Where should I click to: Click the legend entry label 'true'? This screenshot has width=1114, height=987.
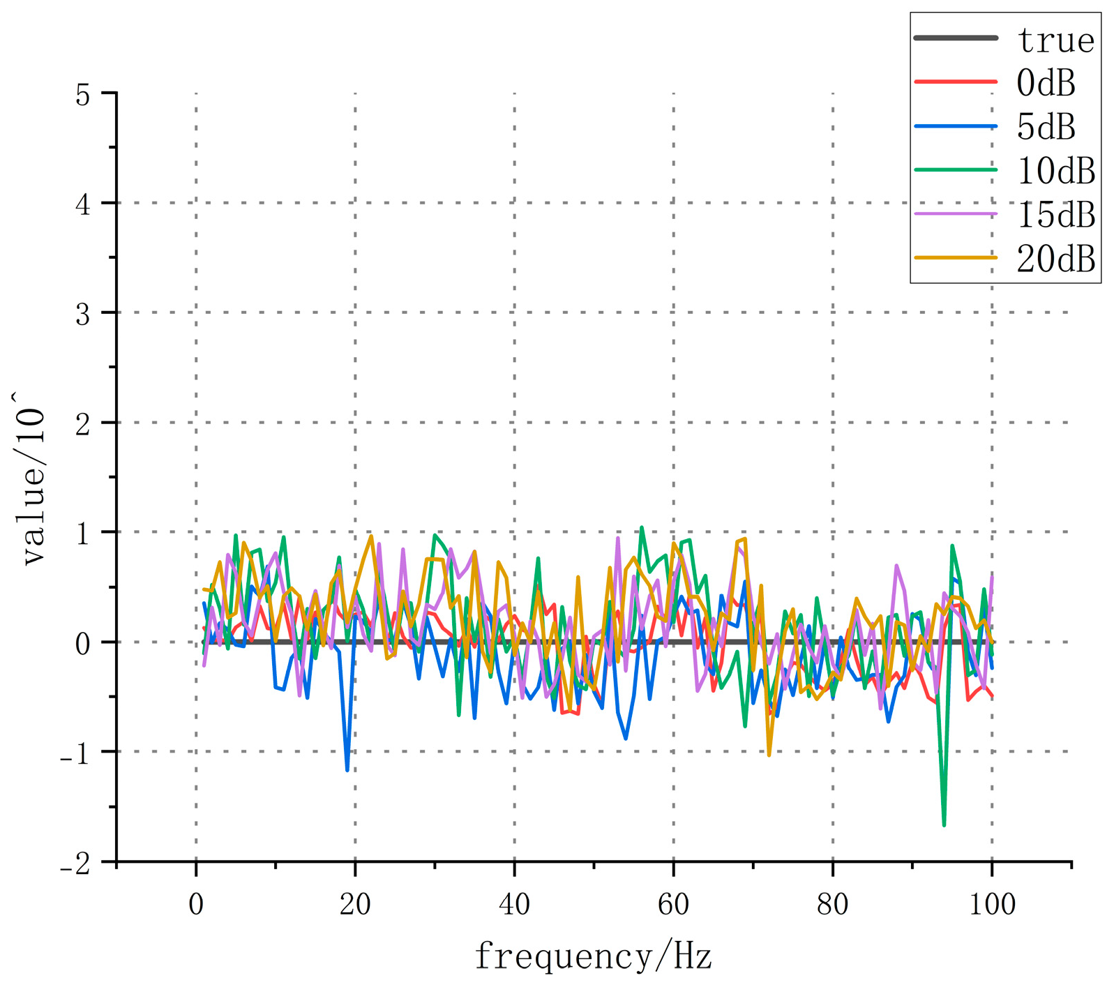click(x=1055, y=40)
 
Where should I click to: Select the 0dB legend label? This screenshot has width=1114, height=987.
click(x=1046, y=84)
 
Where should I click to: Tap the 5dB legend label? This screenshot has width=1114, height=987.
click(x=1046, y=127)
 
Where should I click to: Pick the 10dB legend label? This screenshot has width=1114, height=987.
click(x=1055, y=171)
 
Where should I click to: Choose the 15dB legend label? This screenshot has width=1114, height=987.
click(x=1055, y=215)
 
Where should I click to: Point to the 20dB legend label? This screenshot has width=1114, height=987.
click(x=1055, y=259)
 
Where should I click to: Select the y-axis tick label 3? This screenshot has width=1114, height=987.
click(x=83, y=314)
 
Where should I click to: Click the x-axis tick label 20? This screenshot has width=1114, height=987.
click(x=355, y=905)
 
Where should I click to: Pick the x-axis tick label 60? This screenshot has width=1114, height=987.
click(x=673, y=905)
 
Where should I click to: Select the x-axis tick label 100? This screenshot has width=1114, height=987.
click(x=992, y=905)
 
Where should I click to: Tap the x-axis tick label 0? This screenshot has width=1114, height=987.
click(x=196, y=905)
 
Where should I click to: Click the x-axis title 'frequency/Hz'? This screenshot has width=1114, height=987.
click(x=593, y=956)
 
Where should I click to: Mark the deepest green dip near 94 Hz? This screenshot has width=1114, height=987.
click(x=944, y=825)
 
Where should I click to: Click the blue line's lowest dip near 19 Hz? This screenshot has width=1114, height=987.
click(x=347, y=770)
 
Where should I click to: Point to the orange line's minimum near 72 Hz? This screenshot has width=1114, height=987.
click(x=769, y=755)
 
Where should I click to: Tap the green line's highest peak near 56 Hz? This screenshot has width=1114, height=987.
click(x=642, y=527)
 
